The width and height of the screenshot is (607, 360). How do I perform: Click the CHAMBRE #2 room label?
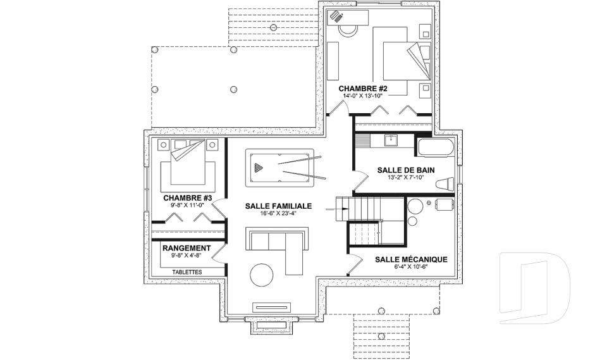coord(363,89)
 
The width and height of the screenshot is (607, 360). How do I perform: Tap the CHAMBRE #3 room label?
coord(187,198)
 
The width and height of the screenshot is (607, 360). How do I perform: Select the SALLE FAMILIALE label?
coord(278,206)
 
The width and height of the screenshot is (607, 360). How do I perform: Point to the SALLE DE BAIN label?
coord(406,170)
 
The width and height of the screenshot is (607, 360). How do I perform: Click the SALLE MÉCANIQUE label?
coord(411,259)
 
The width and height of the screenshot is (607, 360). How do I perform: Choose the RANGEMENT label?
coord(186,248)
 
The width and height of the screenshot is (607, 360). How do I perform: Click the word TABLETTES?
coord(187,272)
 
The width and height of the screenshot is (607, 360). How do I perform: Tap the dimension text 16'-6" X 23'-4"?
coord(278,213)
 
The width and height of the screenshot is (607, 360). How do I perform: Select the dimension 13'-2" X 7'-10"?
coord(406,177)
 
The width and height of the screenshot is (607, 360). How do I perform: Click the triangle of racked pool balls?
coord(258,168)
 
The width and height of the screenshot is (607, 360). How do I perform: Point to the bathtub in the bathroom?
coord(435,148)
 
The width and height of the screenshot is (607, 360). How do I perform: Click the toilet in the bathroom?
coord(445,184)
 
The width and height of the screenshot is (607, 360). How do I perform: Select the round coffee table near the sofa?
coord(262,275)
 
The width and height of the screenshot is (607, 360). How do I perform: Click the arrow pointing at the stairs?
coord(335,209)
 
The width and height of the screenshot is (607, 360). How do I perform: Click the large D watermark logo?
coord(534,288)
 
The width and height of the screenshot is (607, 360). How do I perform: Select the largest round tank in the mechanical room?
coord(415,206)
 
